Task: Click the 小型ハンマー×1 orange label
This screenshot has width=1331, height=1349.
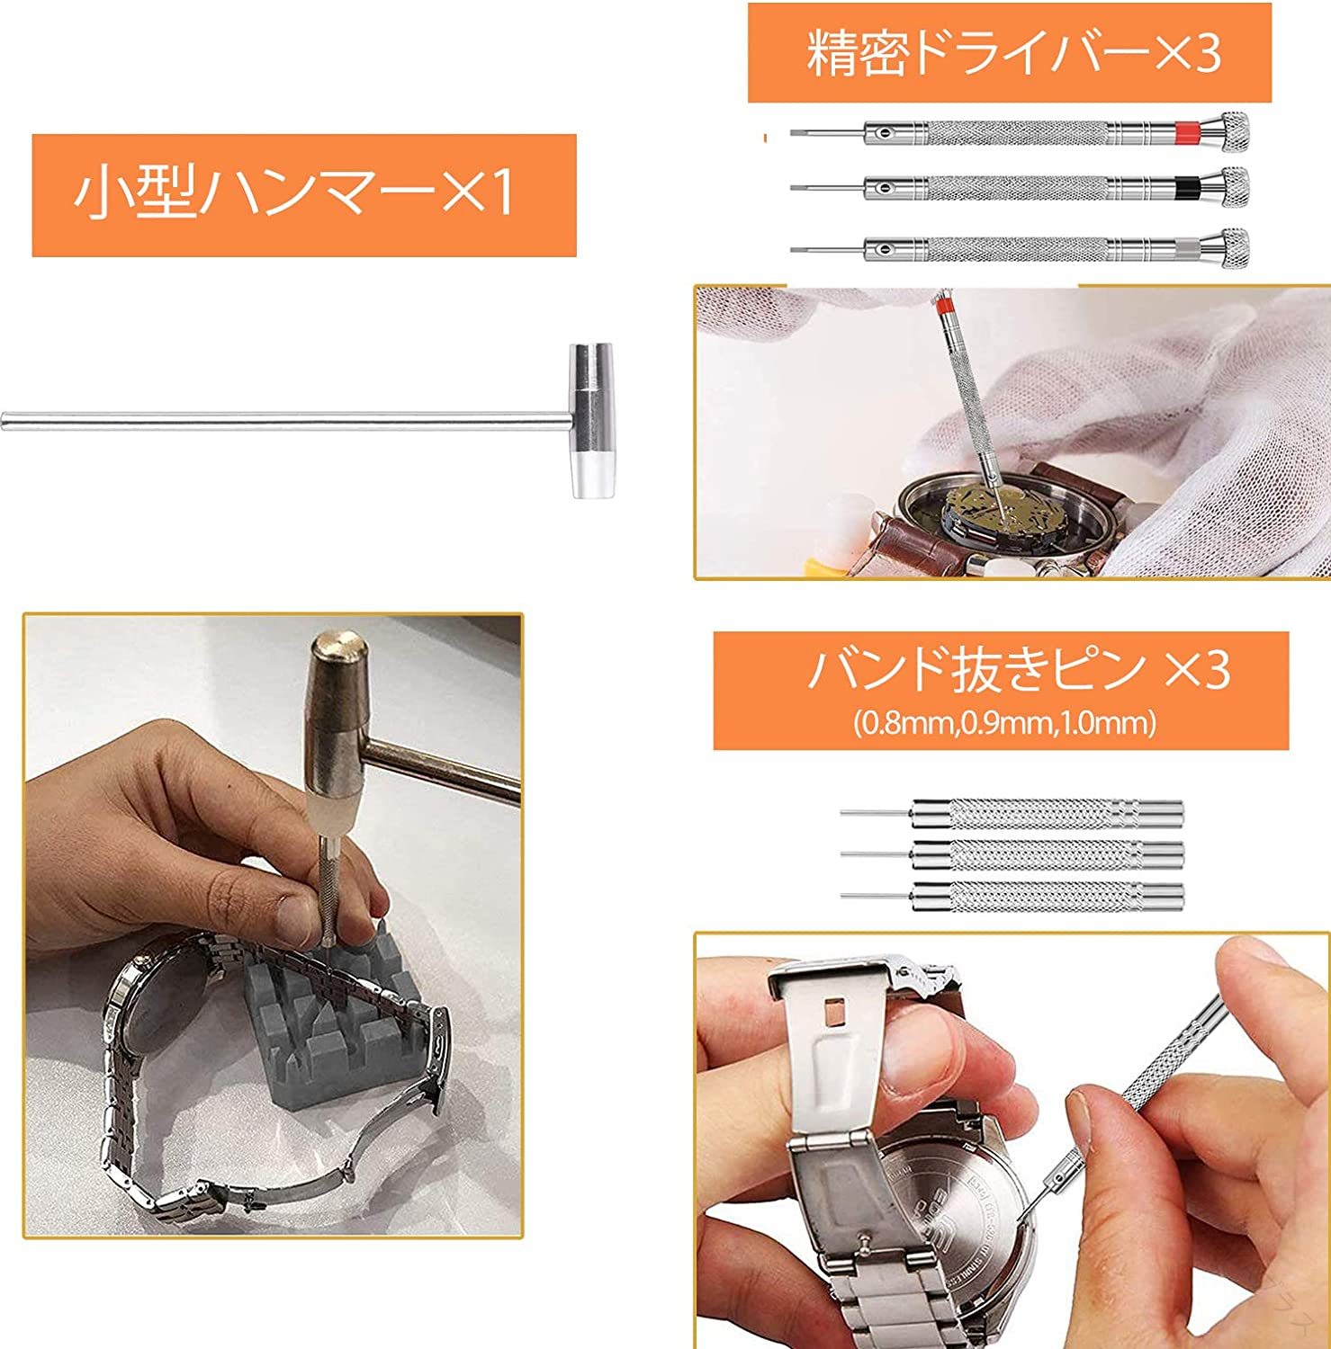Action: [303, 194]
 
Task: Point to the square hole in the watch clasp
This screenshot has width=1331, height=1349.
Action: [834, 1014]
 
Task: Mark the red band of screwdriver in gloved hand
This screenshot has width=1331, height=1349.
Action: [944, 309]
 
